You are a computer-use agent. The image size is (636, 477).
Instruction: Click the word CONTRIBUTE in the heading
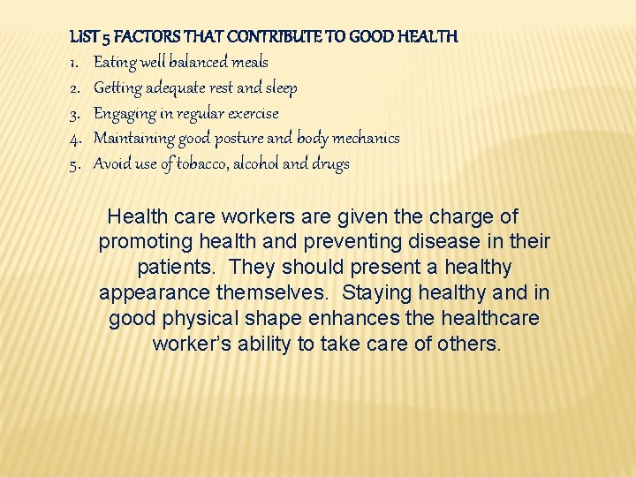272,37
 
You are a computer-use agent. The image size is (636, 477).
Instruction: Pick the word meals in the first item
250,63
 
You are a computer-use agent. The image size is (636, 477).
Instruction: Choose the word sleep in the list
279,88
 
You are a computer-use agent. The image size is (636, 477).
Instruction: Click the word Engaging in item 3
123,114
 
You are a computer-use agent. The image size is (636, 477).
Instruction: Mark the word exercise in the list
253,114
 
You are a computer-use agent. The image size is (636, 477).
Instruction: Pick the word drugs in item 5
330,164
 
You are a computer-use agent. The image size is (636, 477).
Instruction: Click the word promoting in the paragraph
146,241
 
